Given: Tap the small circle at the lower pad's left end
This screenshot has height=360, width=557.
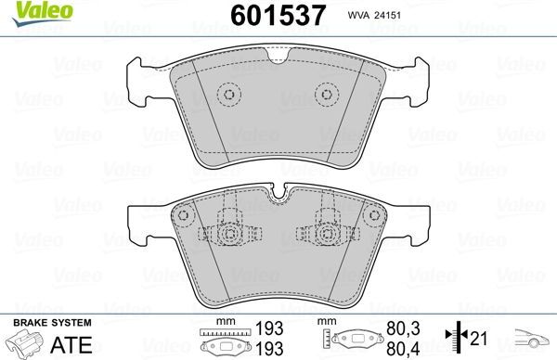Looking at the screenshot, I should coord(183,215).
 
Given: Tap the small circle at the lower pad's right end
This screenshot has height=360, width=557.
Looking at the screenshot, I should coord(369,215).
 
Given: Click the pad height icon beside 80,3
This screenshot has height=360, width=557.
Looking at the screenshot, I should coord(354,340).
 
